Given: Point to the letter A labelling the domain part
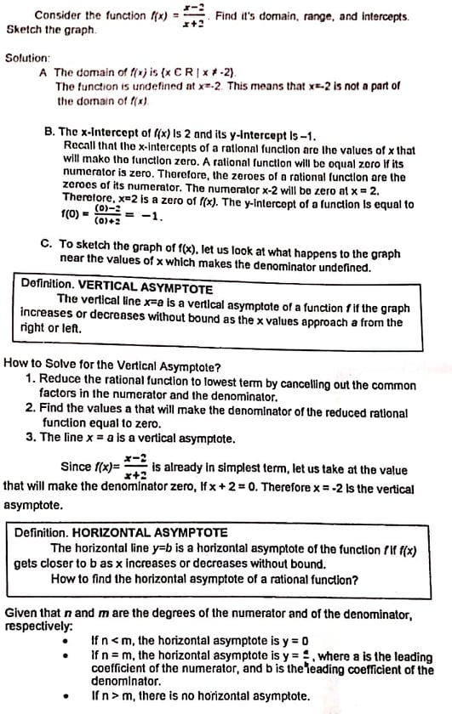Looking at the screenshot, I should [x=43, y=73].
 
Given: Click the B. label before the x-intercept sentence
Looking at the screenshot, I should [x=49, y=133].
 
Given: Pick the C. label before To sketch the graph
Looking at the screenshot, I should [x=47, y=242].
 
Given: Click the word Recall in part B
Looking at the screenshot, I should [x=81, y=149].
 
